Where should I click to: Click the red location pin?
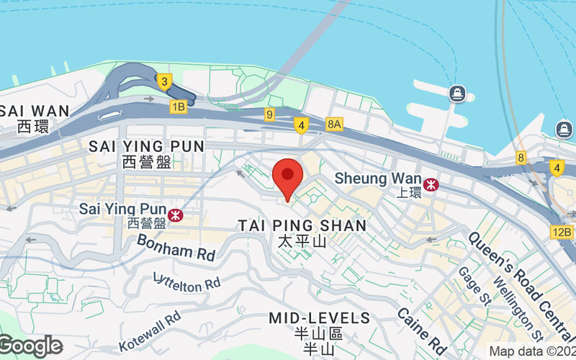click(x=287, y=176)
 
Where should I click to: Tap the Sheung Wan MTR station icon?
click(x=431, y=184)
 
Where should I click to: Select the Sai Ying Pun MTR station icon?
click(x=175, y=215)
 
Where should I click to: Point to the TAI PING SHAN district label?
click(x=302, y=225)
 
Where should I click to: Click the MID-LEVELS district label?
click(x=319, y=318)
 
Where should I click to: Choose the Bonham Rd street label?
click(x=176, y=246)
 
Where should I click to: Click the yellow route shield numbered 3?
click(x=164, y=81)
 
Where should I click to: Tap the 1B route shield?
click(x=178, y=107)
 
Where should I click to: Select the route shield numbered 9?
click(x=269, y=114)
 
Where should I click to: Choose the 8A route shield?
click(x=335, y=124)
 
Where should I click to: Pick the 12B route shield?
click(x=562, y=232)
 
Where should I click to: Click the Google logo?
click(x=30, y=346)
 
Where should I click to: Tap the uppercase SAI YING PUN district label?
click(x=146, y=146)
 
